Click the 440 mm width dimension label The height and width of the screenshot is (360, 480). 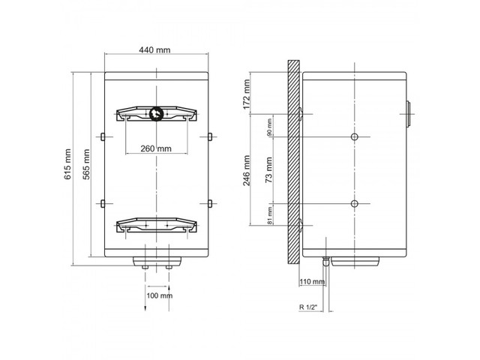coord(154,50)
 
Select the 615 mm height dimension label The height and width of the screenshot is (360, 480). coord(67,164)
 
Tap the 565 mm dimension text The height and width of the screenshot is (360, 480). coord(87,164)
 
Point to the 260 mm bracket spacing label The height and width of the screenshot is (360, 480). coord(156,148)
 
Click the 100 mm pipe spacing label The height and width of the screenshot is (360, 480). coord(159,295)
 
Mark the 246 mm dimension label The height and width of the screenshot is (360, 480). coord(247,170)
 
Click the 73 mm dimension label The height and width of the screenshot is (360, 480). coord(268,170)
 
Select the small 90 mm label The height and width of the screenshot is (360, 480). coord(269,127)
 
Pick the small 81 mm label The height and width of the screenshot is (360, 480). coord(269,215)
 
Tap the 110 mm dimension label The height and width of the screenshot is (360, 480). coord(312,281)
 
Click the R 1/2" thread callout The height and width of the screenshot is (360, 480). coord(308,307)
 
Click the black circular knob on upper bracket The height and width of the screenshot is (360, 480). coord(156,113)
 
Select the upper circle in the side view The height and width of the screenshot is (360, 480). coord(355,136)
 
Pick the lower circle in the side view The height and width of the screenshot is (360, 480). coord(355,203)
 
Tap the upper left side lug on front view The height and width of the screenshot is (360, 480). coord(103,136)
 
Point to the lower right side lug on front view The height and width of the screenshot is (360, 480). coord(210,203)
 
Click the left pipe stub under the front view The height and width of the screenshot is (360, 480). coord(145,267)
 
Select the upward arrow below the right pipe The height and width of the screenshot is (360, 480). coord(169,298)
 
